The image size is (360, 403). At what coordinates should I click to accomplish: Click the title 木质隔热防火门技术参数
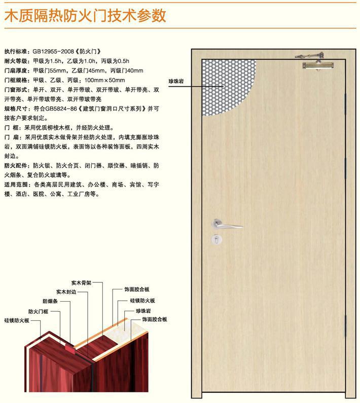pos(85,15)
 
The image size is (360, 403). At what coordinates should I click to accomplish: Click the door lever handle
pos(227,224)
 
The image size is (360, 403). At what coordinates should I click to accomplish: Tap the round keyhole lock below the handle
pos(217,240)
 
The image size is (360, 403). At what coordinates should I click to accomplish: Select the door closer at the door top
pos(317,62)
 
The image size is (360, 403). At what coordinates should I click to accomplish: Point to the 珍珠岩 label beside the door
pos(176,82)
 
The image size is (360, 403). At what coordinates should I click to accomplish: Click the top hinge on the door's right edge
pos(346,103)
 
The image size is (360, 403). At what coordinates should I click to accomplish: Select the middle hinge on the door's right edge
pos(346,168)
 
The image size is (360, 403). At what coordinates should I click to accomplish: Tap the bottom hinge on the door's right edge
pos(346,325)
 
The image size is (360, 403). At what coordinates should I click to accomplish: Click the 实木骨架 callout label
pos(81,283)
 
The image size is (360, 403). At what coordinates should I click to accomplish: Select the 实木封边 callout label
pos(66,291)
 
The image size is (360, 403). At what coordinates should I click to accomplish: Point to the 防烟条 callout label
pos(50,301)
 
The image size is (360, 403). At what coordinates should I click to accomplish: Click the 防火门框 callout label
pos(38,312)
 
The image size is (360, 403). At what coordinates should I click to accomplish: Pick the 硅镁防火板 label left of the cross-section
pos(17,320)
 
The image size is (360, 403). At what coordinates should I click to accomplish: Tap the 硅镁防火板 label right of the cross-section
pos(142,301)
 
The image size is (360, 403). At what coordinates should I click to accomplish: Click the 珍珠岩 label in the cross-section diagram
pos(143,311)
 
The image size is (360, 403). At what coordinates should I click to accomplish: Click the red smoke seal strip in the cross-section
pos(69,348)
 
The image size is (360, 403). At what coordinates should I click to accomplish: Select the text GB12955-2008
pos(53,51)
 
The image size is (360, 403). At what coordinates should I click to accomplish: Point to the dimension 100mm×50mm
pos(104,80)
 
